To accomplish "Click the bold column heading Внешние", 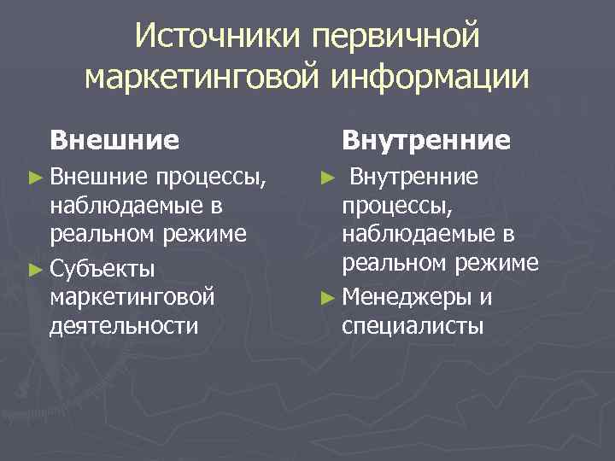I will [x=114, y=139].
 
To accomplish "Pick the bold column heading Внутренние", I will [x=426, y=139].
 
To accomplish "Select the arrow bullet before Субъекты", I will [x=33, y=271].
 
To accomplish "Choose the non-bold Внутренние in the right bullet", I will [x=415, y=178].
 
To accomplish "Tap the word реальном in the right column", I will [x=391, y=263].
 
